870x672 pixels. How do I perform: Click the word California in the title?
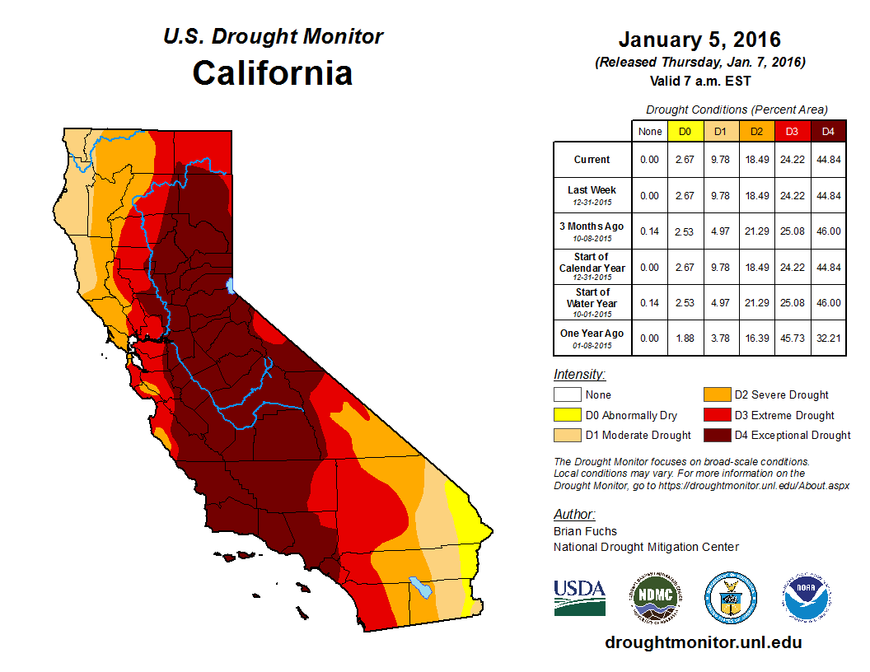[273, 73]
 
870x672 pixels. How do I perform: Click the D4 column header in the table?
[828, 131]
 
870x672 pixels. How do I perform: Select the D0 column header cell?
[685, 131]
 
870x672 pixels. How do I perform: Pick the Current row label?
[592, 160]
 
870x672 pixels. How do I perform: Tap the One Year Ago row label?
[592, 334]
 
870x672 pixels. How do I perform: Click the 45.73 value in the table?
[793, 338]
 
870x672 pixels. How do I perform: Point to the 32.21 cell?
[828, 338]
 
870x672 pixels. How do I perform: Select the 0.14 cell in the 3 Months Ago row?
[650, 231]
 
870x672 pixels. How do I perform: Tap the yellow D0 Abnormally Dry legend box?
[567, 415]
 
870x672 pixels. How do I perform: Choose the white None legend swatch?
[567, 395]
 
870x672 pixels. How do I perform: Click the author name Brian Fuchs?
[585, 531]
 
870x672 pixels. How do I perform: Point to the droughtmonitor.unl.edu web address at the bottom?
[703, 642]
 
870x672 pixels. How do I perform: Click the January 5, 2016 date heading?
[699, 40]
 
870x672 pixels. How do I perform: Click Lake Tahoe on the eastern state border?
[232, 286]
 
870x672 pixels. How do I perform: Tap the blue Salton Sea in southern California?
[421, 587]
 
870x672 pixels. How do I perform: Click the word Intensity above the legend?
[579, 374]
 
